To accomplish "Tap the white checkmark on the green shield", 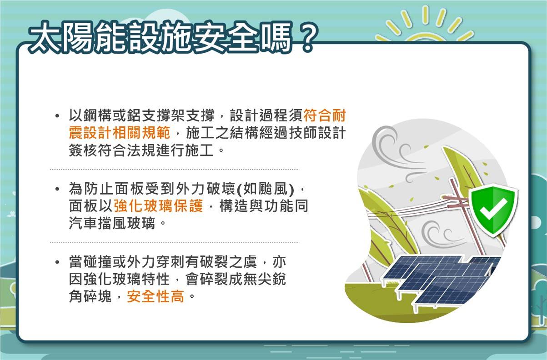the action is pos(493,209).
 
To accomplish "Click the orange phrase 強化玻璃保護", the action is pos(159,206).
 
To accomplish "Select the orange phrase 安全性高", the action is pos(156,296).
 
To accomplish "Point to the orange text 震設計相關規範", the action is pos(120,133).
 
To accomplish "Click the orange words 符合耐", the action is pos(325,115).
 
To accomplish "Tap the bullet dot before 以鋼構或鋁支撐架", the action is pos(57,116).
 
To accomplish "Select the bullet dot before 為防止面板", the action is pos(57,189).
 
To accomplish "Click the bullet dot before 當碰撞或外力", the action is pos(57,262).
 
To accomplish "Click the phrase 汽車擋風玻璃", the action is pos(112,223).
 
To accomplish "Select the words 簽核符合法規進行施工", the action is pos(141,150).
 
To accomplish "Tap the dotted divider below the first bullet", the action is pos(174,170).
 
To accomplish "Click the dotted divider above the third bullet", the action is pos(174,243).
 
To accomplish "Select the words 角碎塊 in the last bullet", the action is pos(90,296).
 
